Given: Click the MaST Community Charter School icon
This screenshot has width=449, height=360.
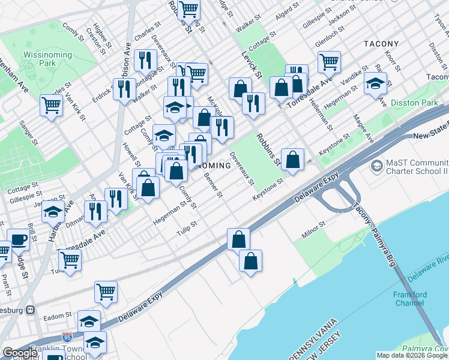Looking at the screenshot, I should [376, 164].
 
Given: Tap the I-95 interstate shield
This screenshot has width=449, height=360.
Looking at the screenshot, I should [68, 338].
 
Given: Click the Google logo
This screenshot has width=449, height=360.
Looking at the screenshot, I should [20, 353].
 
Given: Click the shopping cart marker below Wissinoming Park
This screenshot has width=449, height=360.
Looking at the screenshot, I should [52, 106].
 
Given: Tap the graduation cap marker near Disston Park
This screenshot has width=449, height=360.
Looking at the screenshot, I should [375, 83].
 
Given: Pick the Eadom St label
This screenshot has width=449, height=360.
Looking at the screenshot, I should [58, 314].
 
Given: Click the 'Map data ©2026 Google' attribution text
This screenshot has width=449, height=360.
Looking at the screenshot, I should [412, 355].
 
